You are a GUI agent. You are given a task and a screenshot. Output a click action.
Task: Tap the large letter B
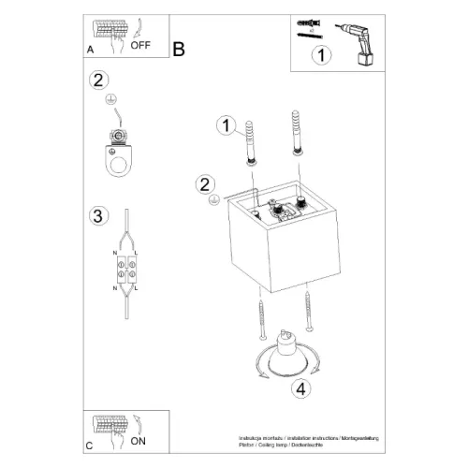click(179, 49)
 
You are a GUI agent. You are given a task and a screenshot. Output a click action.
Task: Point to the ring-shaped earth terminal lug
click(118, 160)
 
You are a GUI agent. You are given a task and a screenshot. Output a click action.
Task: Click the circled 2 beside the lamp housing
click(205, 183)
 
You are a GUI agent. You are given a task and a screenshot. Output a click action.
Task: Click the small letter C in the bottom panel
click(89, 446)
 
